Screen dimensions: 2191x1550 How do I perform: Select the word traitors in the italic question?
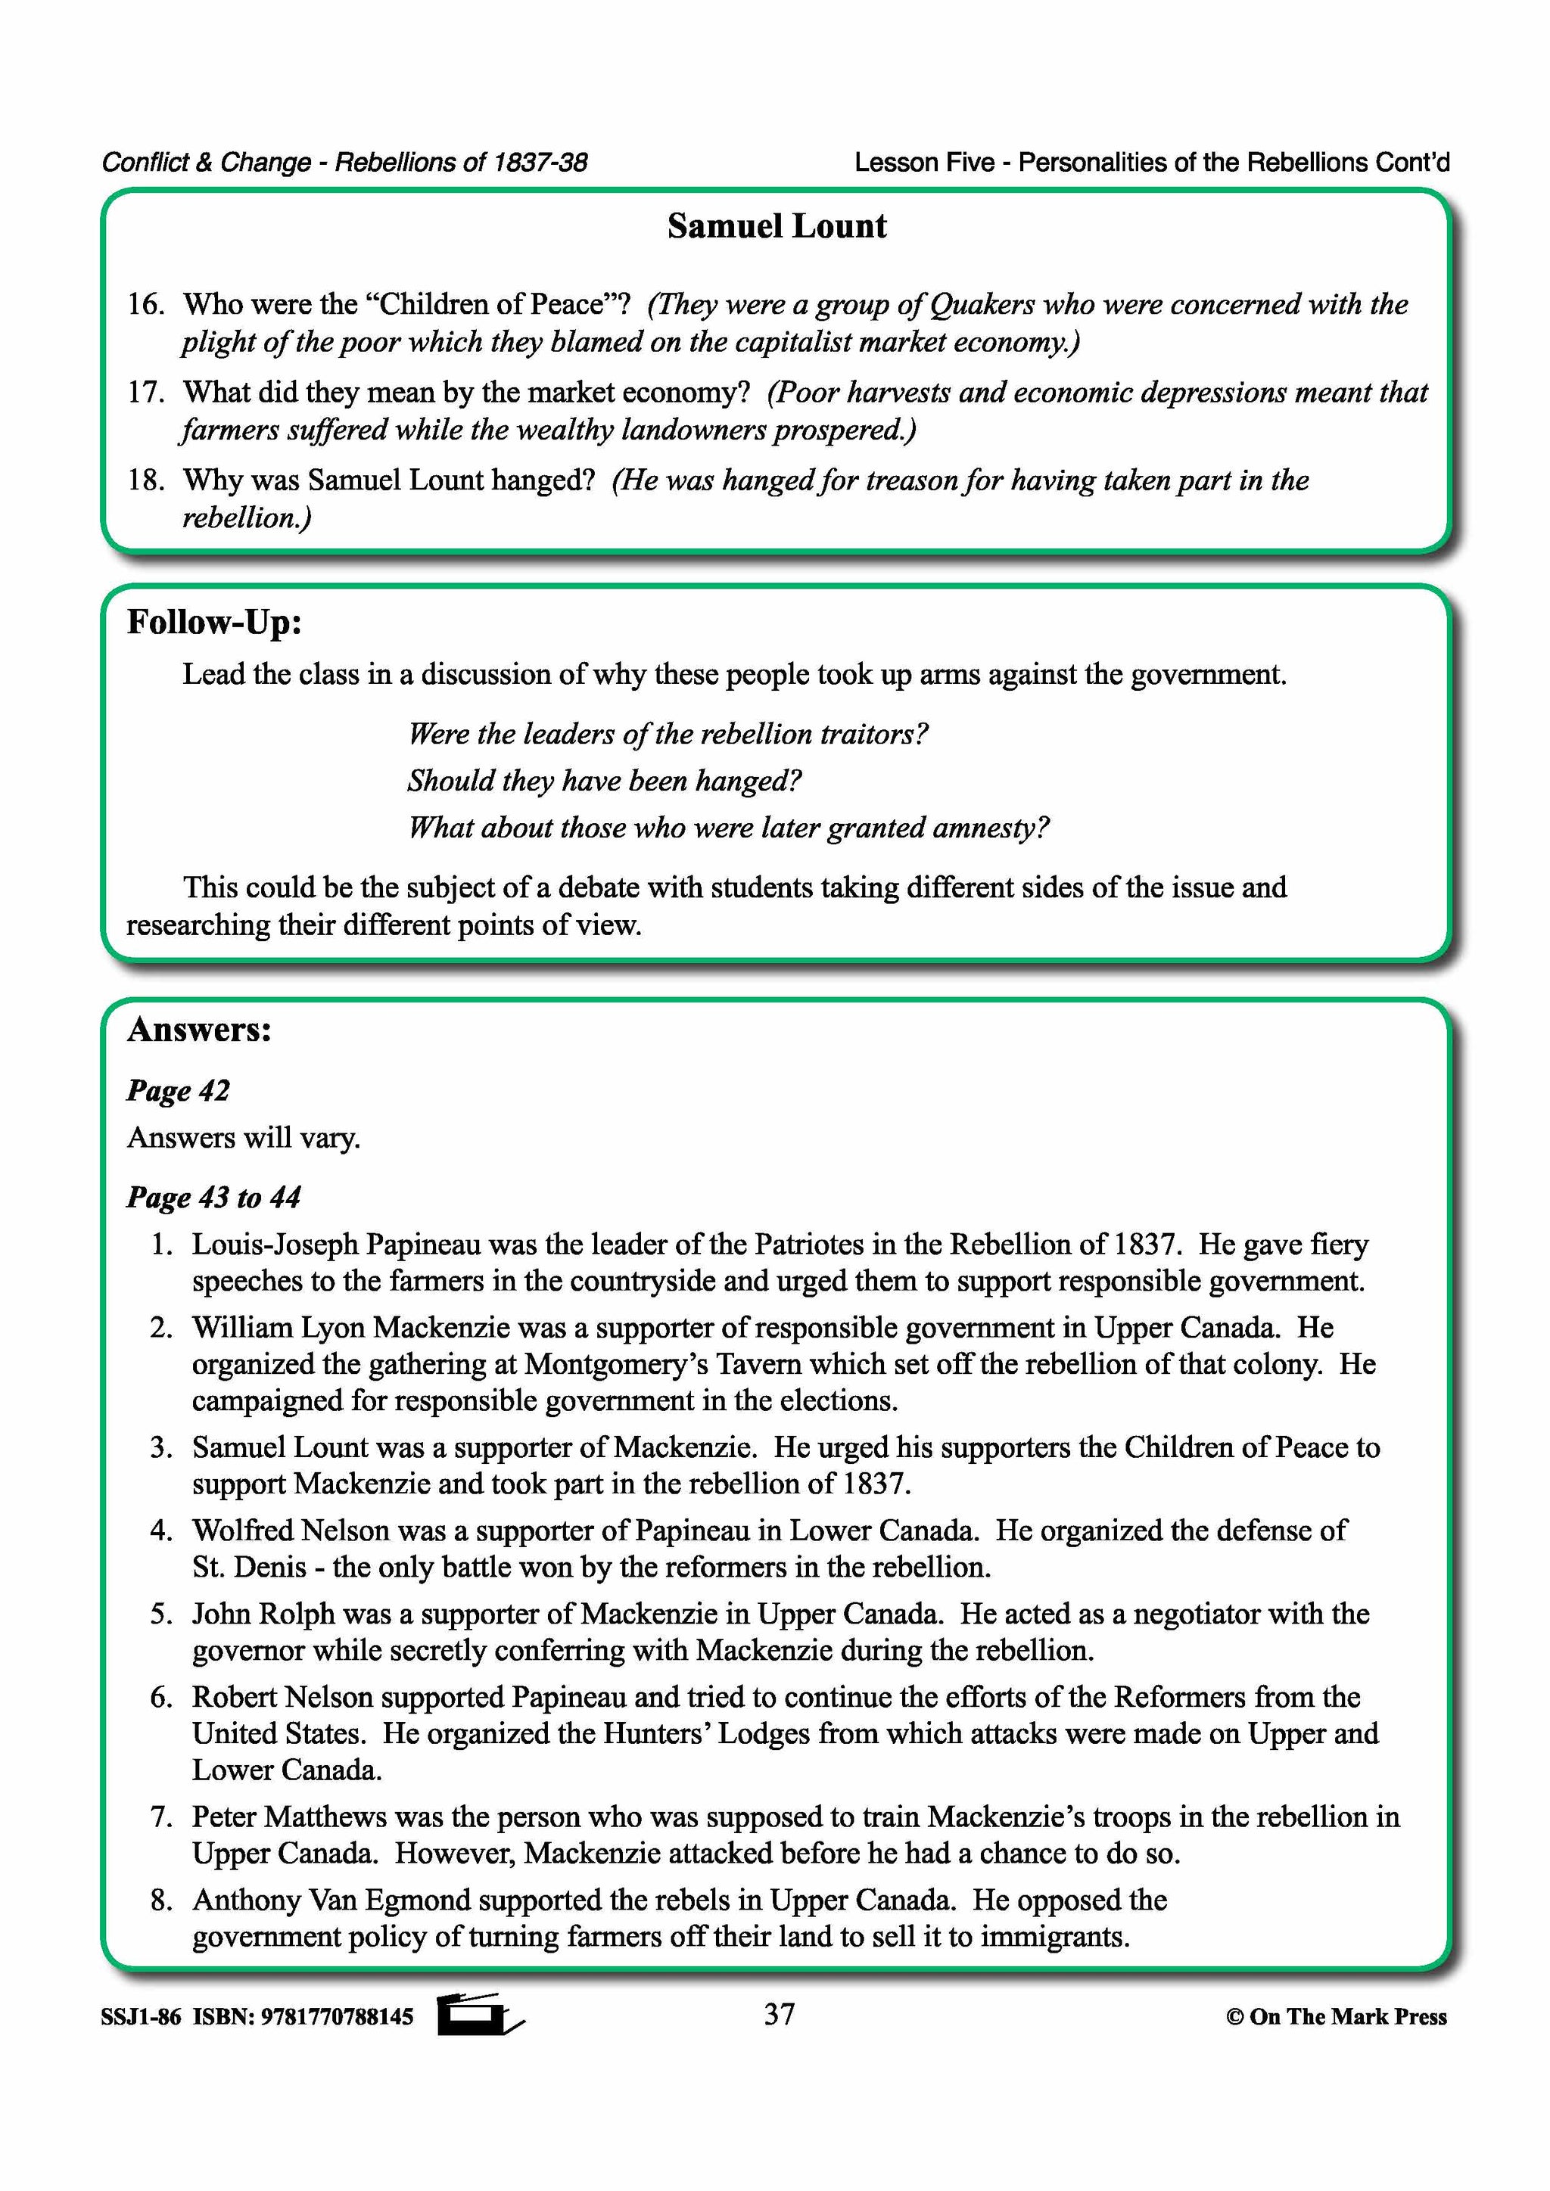click(x=873, y=734)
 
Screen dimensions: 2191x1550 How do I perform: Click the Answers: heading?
click(x=200, y=1030)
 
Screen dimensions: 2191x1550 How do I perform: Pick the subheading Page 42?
click(x=179, y=1091)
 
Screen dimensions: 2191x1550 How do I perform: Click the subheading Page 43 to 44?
click(x=213, y=1198)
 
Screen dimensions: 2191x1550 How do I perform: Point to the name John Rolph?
click(x=263, y=1614)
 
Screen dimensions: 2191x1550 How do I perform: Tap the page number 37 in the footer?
click(x=779, y=2015)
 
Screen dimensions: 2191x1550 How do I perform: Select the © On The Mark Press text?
click(x=1337, y=2016)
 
